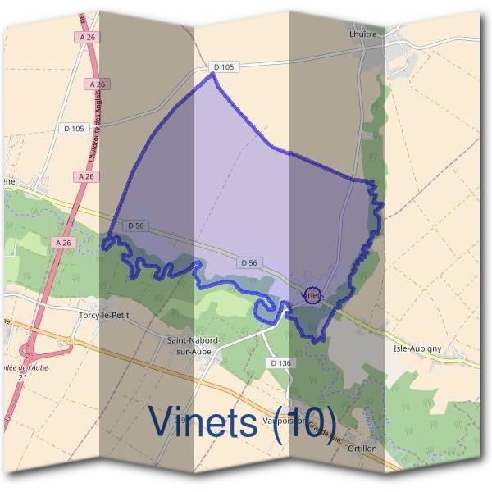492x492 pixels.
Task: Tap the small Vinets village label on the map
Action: (x=312, y=294)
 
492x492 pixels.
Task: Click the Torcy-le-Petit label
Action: (x=104, y=314)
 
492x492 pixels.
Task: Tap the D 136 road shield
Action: (x=280, y=362)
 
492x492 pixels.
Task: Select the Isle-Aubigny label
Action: (x=417, y=348)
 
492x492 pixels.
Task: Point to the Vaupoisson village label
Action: (x=284, y=421)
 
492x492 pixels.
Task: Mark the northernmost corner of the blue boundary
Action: (x=214, y=73)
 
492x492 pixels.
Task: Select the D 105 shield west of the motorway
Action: (x=74, y=129)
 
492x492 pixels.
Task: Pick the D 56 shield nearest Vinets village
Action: (x=251, y=262)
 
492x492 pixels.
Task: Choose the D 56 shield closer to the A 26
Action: (x=136, y=225)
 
